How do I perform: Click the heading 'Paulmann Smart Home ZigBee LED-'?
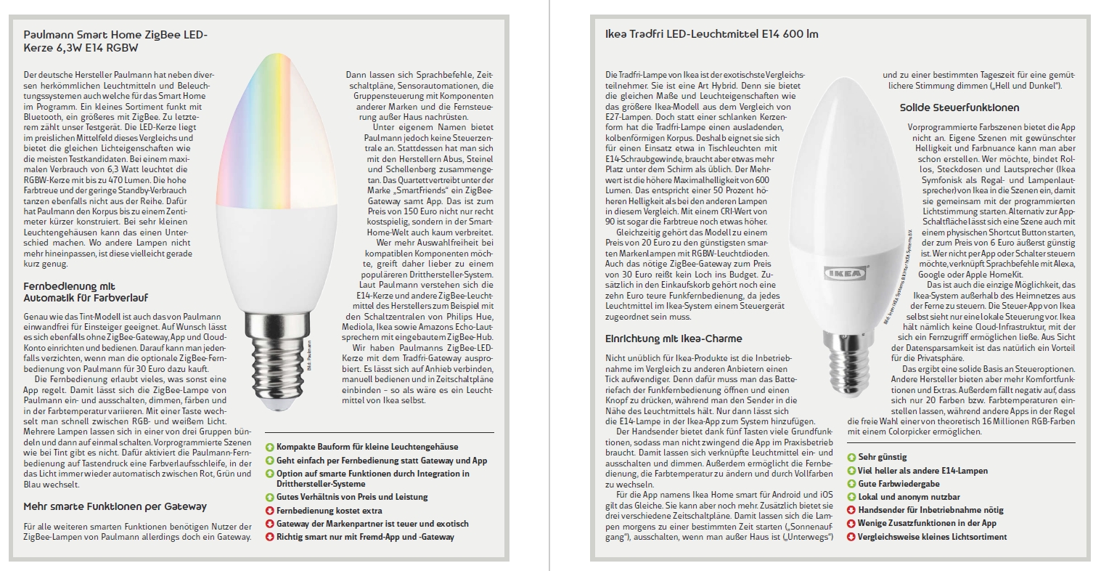[115, 34]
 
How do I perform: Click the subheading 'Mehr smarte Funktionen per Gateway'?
[115, 506]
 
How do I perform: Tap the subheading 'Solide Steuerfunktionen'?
[959, 108]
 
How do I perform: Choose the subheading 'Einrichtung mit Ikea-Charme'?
[674, 339]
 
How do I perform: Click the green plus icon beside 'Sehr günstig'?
[851, 458]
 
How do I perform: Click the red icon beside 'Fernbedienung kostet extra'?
[270, 511]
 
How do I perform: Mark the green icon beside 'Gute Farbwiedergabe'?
[851, 484]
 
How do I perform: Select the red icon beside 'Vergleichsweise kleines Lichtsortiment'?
[851, 537]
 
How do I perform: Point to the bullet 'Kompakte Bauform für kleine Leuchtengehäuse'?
[367, 447]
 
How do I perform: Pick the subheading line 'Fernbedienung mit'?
[69, 287]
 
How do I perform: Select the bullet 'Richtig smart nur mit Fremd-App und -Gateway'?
[365, 537]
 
